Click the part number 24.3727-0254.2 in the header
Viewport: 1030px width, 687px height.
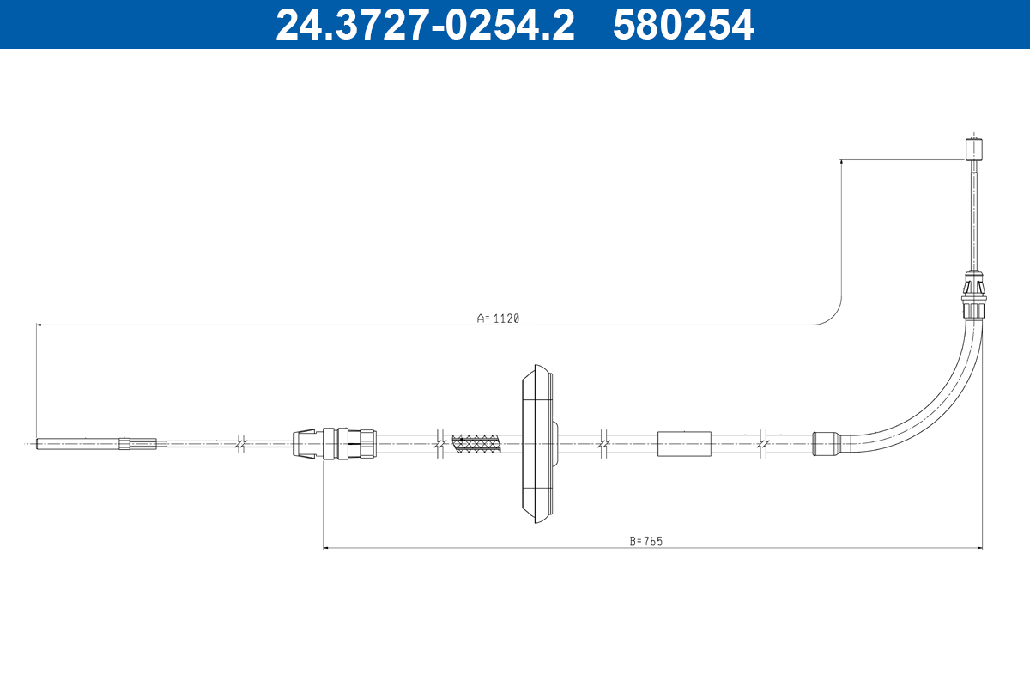pos(425,25)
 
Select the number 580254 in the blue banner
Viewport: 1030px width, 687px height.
pos(683,25)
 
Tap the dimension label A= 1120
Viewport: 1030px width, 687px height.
pos(498,319)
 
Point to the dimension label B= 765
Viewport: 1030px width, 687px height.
pos(646,541)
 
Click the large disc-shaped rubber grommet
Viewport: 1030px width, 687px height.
pos(538,444)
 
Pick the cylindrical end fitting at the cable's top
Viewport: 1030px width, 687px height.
pos(973,149)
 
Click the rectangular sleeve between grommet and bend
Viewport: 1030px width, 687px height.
pos(684,444)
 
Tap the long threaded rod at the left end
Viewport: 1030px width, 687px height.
pos(78,444)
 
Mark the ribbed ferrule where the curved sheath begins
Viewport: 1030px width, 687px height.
pos(827,444)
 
